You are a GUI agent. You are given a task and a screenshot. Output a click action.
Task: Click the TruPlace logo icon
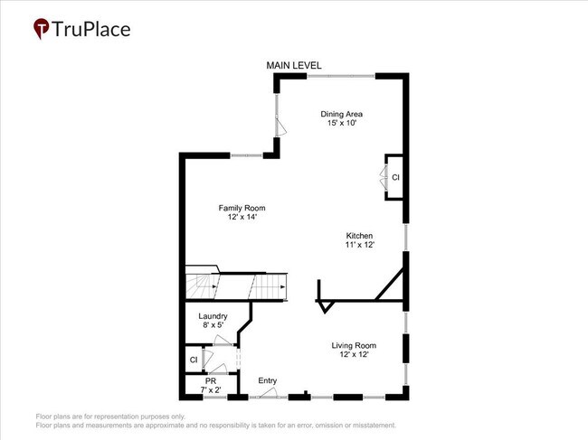[x=42, y=29]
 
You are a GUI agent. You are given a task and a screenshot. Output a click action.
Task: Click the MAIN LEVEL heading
[x=293, y=65]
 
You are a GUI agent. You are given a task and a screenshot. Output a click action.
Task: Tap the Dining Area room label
[x=342, y=114]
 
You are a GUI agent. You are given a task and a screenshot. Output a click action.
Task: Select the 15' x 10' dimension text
[x=342, y=124]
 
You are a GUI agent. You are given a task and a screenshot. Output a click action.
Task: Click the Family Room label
[x=242, y=208]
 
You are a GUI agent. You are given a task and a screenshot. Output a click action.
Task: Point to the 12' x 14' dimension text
[x=242, y=218]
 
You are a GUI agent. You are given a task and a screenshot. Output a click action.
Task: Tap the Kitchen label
[x=358, y=236]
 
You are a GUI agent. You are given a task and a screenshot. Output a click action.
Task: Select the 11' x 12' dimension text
[x=358, y=245]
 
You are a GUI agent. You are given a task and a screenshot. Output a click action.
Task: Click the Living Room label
[x=354, y=345]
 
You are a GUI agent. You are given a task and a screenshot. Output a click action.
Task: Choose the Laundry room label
[x=213, y=316]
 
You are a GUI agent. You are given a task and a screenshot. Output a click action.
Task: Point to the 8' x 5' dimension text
[x=213, y=325]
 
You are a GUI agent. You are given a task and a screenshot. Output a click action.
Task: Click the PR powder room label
[x=210, y=381]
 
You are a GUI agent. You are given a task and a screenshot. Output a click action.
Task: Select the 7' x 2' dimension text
[x=210, y=390]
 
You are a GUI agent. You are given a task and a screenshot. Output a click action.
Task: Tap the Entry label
[x=267, y=380]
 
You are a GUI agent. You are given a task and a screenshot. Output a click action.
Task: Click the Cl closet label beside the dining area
[x=395, y=177]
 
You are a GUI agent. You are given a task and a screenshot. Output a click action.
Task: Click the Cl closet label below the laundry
[x=193, y=360]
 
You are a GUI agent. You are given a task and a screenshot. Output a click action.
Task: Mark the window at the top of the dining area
[x=341, y=76]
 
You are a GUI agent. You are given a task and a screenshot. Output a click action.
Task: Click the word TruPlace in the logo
[x=91, y=29]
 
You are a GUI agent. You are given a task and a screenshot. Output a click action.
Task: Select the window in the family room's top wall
[x=247, y=155]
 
